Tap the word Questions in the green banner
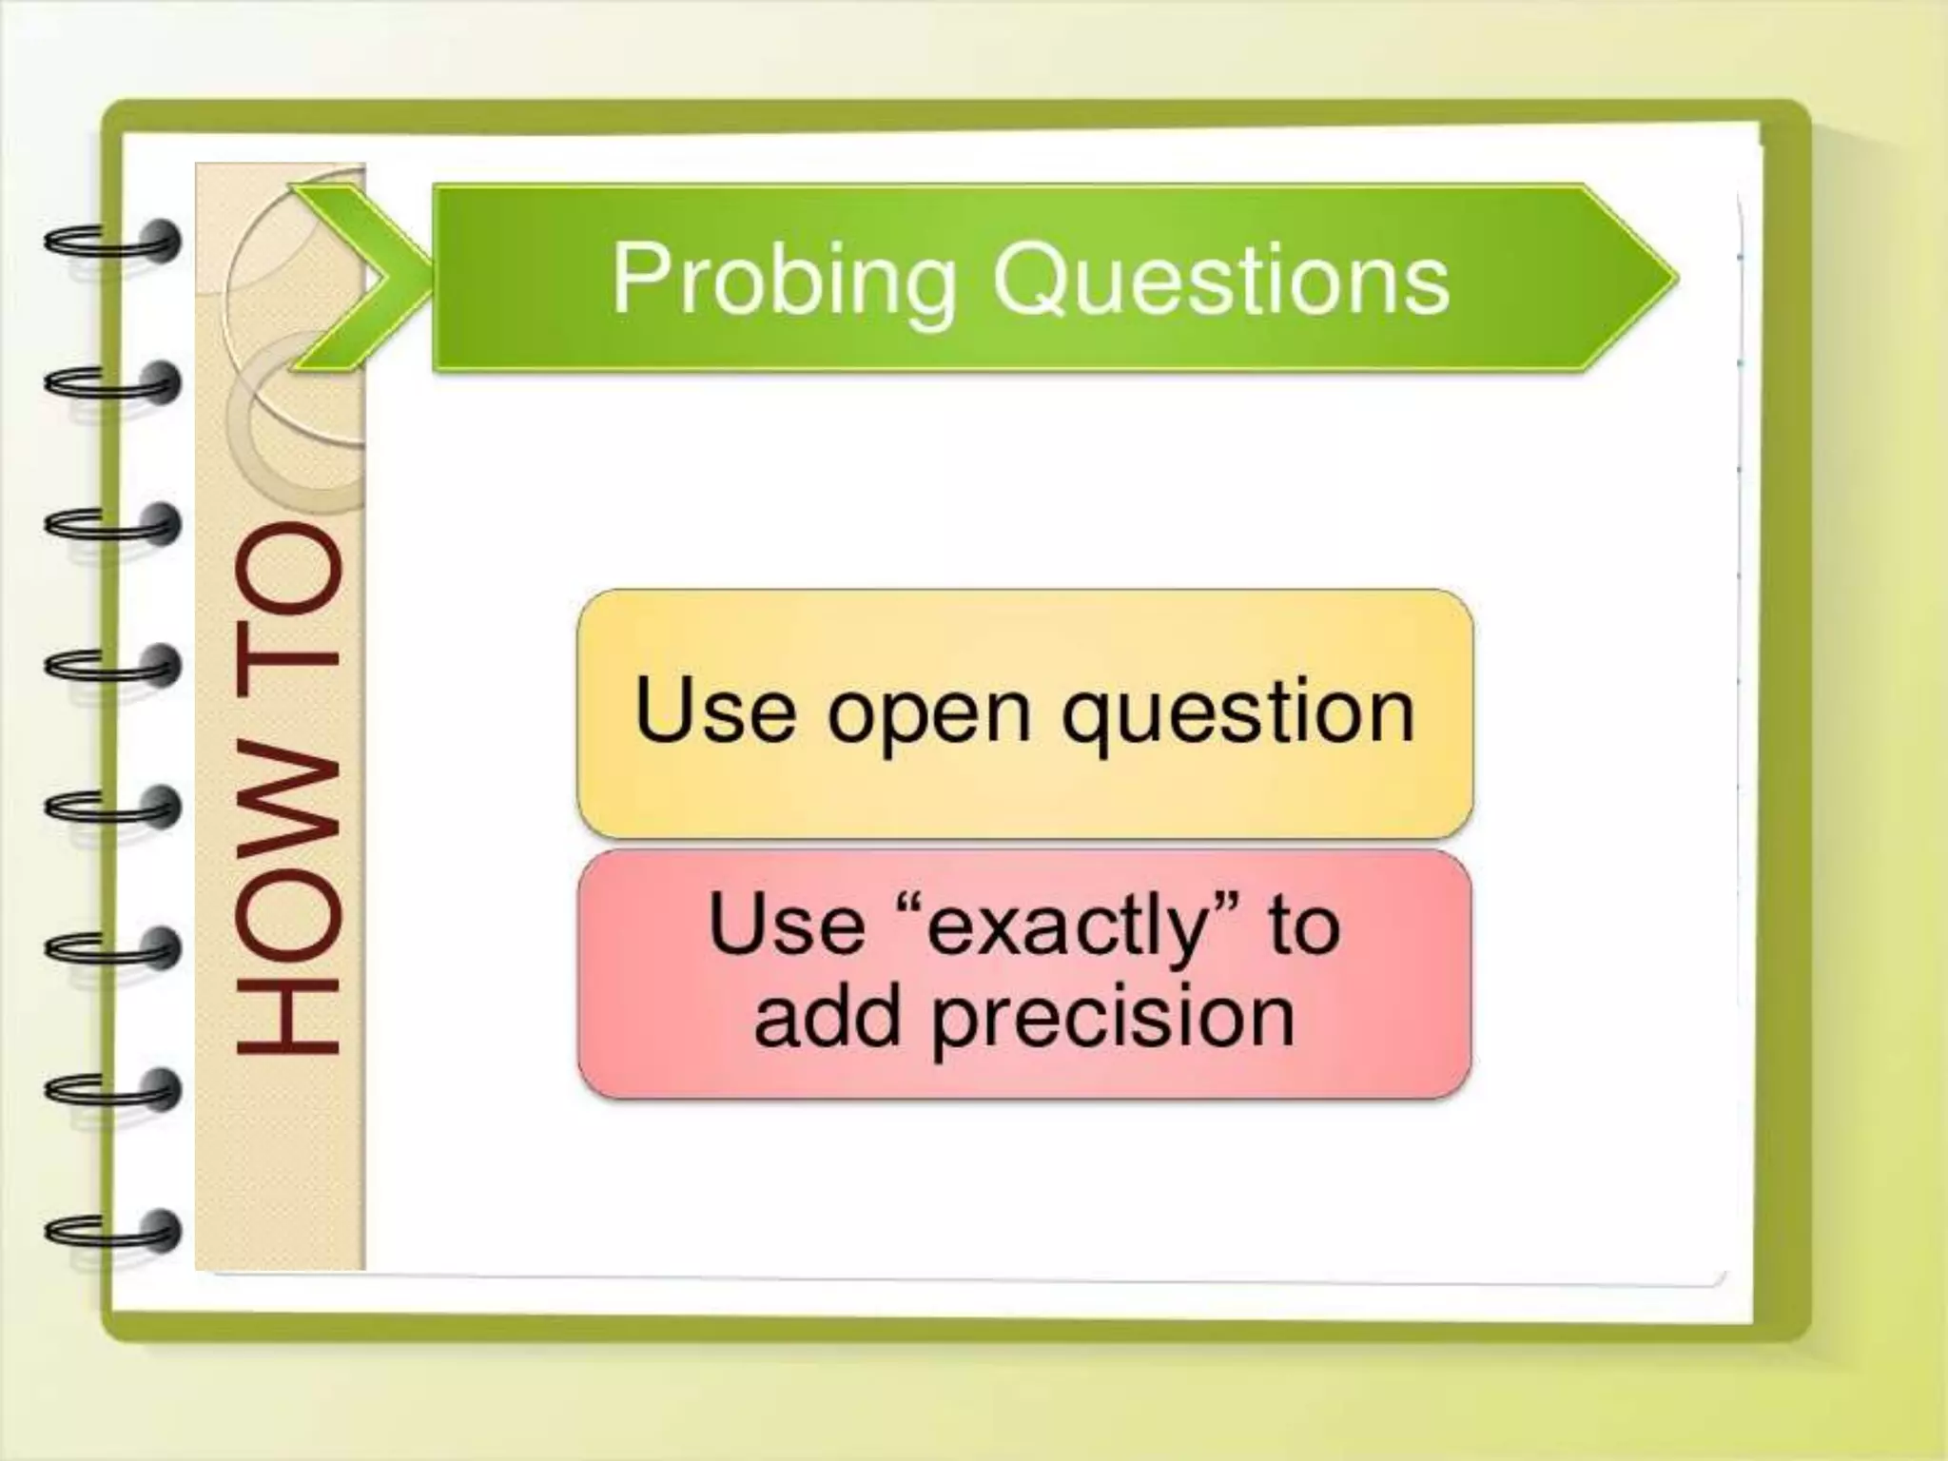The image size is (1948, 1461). click(x=1220, y=278)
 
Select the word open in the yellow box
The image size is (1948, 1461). click(x=928, y=713)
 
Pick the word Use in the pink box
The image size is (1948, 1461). click(x=788, y=925)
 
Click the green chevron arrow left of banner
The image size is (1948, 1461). click(x=357, y=276)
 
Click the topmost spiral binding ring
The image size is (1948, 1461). click(x=112, y=242)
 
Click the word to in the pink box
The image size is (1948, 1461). click(x=1303, y=927)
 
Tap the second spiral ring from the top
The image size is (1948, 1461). click(x=112, y=383)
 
